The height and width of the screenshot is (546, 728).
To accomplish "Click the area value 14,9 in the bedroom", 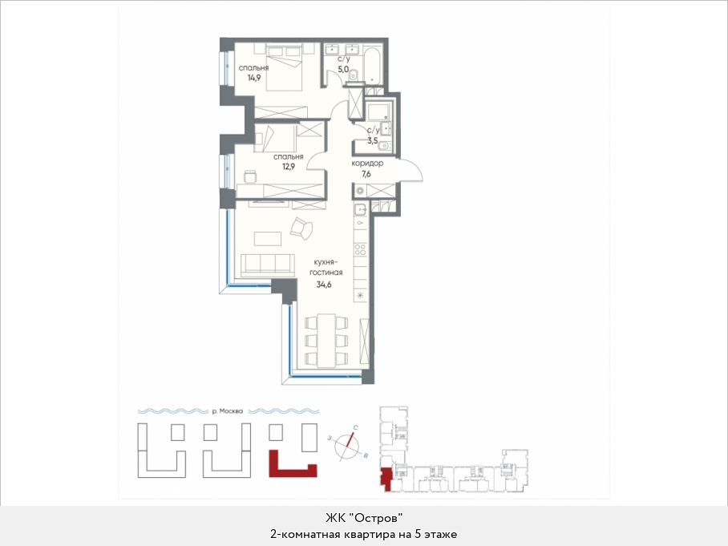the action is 254,78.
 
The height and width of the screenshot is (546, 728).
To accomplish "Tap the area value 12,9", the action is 289,166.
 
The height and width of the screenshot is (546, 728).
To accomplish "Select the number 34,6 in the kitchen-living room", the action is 324,285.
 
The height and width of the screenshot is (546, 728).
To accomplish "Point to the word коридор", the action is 367,164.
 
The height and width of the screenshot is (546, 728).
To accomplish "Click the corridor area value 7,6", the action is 366,174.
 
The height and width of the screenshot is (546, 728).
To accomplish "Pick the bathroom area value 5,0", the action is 343,69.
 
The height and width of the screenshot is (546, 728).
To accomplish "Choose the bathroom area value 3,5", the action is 372,140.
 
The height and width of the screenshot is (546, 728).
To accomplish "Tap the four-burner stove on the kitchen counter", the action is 361,249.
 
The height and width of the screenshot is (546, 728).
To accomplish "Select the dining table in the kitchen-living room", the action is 326,340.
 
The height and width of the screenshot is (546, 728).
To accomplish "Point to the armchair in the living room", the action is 301,229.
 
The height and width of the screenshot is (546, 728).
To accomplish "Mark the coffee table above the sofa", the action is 268,239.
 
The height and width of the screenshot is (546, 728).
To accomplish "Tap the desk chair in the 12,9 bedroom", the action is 250,176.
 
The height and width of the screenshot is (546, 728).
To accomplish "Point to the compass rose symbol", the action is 348,445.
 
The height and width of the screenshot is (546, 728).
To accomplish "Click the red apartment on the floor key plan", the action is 386,477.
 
